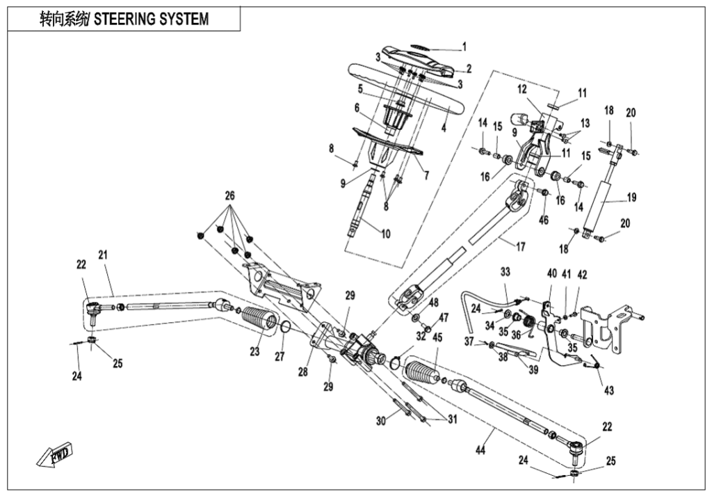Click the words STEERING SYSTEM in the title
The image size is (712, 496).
click(x=151, y=19)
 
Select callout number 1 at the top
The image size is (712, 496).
click(x=464, y=47)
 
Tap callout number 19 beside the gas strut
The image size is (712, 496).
click(x=631, y=198)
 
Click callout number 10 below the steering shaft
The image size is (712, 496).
click(x=385, y=234)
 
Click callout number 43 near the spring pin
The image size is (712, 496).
click(x=609, y=390)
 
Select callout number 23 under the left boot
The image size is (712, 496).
click(x=254, y=352)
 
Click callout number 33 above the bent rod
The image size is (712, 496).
click(x=505, y=271)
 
